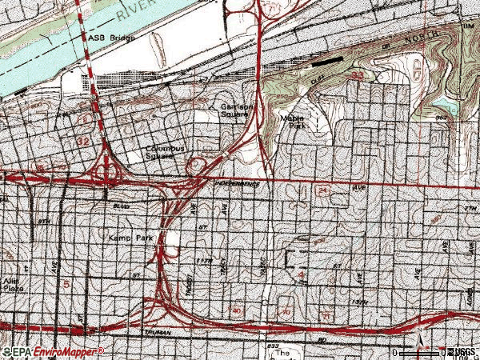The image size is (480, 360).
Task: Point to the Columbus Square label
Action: pos(165,152)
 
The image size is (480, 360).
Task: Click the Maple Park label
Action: pos(293,119)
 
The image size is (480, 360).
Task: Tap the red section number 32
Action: pos(83,140)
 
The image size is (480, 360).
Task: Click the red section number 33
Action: pos(358,74)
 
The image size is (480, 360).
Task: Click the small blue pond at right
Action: pos(442,105)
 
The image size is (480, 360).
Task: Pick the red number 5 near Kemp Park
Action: pos(67,284)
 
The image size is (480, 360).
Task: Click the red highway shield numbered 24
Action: pos(322,192)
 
